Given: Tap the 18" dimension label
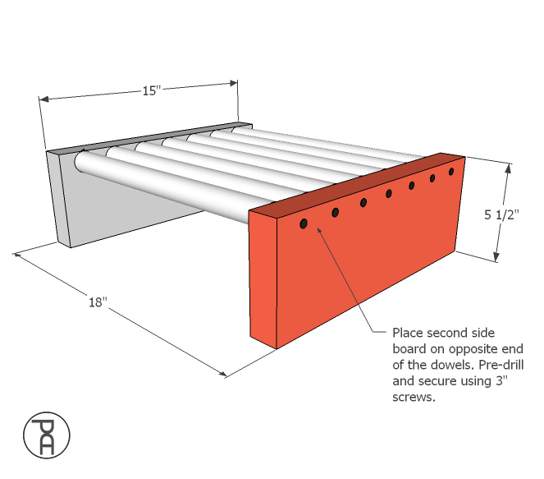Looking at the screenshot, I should [98, 302].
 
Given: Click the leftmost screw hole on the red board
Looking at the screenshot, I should [304, 223].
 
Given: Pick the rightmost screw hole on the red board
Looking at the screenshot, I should [451, 172].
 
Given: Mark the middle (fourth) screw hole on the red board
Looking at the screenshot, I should [389, 194].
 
